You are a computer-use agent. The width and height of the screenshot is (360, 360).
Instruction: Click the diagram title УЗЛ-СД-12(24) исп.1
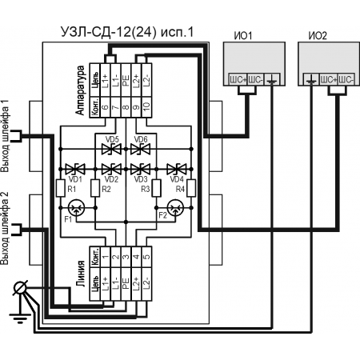coord(127,32)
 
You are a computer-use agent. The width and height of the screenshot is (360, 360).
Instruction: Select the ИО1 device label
coord(243,36)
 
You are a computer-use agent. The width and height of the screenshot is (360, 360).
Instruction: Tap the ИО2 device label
coord(318,36)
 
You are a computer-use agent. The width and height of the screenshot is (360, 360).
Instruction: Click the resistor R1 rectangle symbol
coord(61,188)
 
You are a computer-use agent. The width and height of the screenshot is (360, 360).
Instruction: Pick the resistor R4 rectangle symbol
coord(191,188)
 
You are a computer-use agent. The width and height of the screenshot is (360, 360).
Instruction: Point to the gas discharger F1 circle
coord(77,208)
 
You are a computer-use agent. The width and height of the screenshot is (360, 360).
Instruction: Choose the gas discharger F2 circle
coord(175,208)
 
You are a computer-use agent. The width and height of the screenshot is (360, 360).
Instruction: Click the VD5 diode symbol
coord(112,149)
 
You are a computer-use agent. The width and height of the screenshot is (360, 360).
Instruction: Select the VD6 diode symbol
coord(140,149)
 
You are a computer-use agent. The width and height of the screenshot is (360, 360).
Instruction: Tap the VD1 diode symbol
coord(75,169)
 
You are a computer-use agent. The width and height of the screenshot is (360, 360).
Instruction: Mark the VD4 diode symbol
coord(177,169)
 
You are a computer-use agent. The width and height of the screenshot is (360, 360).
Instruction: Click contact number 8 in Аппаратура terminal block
coord(126,107)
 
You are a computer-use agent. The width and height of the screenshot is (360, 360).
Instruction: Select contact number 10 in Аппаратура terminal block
coord(146,107)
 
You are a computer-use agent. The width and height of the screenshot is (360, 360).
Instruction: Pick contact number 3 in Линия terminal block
coord(126,257)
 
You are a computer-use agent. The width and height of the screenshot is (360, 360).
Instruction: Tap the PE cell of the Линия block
coord(126,284)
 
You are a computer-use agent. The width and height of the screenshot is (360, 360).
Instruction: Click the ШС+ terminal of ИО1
coord(238,80)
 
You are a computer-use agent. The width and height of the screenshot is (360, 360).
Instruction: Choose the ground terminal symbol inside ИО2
coord(310,80)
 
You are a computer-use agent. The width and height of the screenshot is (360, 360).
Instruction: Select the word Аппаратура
coord(80,90)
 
